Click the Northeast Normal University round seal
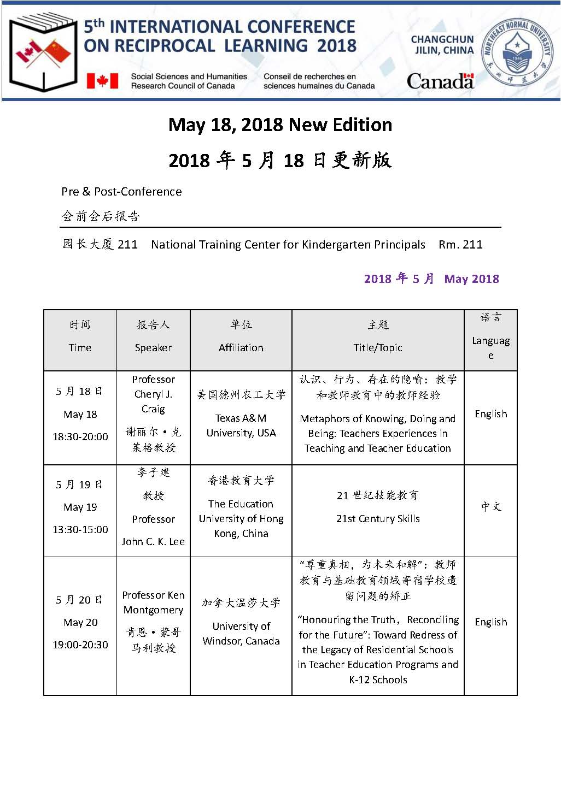tap(517, 52)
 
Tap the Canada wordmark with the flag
tap(440, 81)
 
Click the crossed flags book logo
tap(44, 52)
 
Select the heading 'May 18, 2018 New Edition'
tap(280, 125)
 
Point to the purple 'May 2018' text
tap(471, 279)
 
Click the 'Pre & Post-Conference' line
tap(121, 192)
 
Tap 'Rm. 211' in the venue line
tap(460, 245)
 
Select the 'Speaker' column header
tap(153, 348)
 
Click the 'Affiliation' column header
tap(241, 348)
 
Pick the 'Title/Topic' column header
tap(378, 348)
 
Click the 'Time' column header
tap(80, 348)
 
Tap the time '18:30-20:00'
tap(80, 437)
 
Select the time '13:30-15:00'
tap(80, 530)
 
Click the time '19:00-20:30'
tap(80, 645)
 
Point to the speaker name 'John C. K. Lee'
tap(153, 542)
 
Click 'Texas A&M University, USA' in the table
tap(241, 425)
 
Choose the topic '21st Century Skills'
tap(378, 519)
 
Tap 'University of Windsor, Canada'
tap(241, 634)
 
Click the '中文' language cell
tap(490, 507)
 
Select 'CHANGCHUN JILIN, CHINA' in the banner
tap(442, 45)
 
